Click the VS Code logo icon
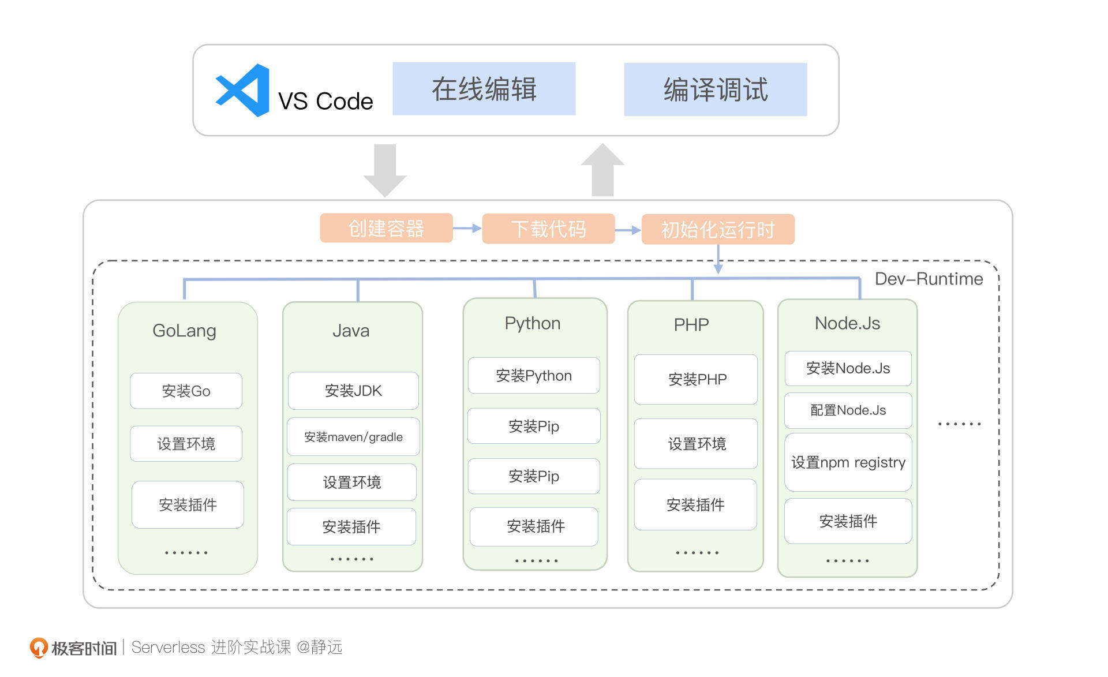pyautogui.click(x=243, y=90)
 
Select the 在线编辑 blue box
pyautogui.click(x=484, y=89)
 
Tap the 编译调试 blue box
pyautogui.click(x=715, y=89)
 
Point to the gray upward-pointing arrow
pyautogui.click(x=602, y=170)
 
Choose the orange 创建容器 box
pyautogui.click(x=386, y=228)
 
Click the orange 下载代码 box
pyautogui.click(x=548, y=229)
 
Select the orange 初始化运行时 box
pyautogui.click(x=717, y=229)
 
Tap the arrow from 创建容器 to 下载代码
pyautogui.click(x=467, y=228)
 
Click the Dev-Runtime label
pyautogui.click(x=928, y=279)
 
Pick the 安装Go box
pyautogui.click(x=186, y=391)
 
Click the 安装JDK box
pyautogui.click(x=353, y=391)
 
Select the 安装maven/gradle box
pyautogui.click(x=353, y=437)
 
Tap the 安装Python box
pyautogui.click(x=533, y=376)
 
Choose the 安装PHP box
pyautogui.click(x=696, y=379)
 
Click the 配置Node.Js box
pyautogui.click(x=847, y=410)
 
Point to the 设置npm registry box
pyautogui.click(x=847, y=462)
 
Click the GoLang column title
pyautogui.click(x=184, y=330)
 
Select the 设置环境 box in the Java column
pyautogui.click(x=351, y=482)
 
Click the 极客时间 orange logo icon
pyautogui.click(x=39, y=647)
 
